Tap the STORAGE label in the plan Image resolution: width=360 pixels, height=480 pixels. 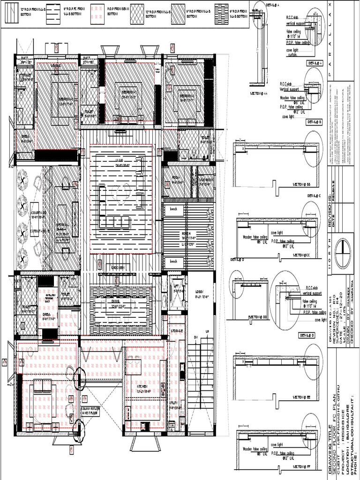pyautogui.click(x=176, y=331)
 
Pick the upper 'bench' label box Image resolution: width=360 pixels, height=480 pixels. pyautogui.click(x=174, y=209)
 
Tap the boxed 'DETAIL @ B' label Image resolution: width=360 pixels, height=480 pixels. pyautogui.click(x=314, y=121)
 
